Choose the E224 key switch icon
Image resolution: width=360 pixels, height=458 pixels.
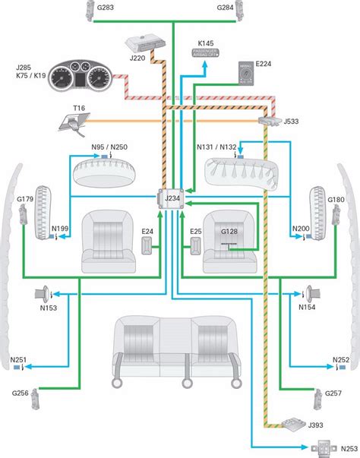point(247,74)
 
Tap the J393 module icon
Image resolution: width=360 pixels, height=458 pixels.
point(290,422)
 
